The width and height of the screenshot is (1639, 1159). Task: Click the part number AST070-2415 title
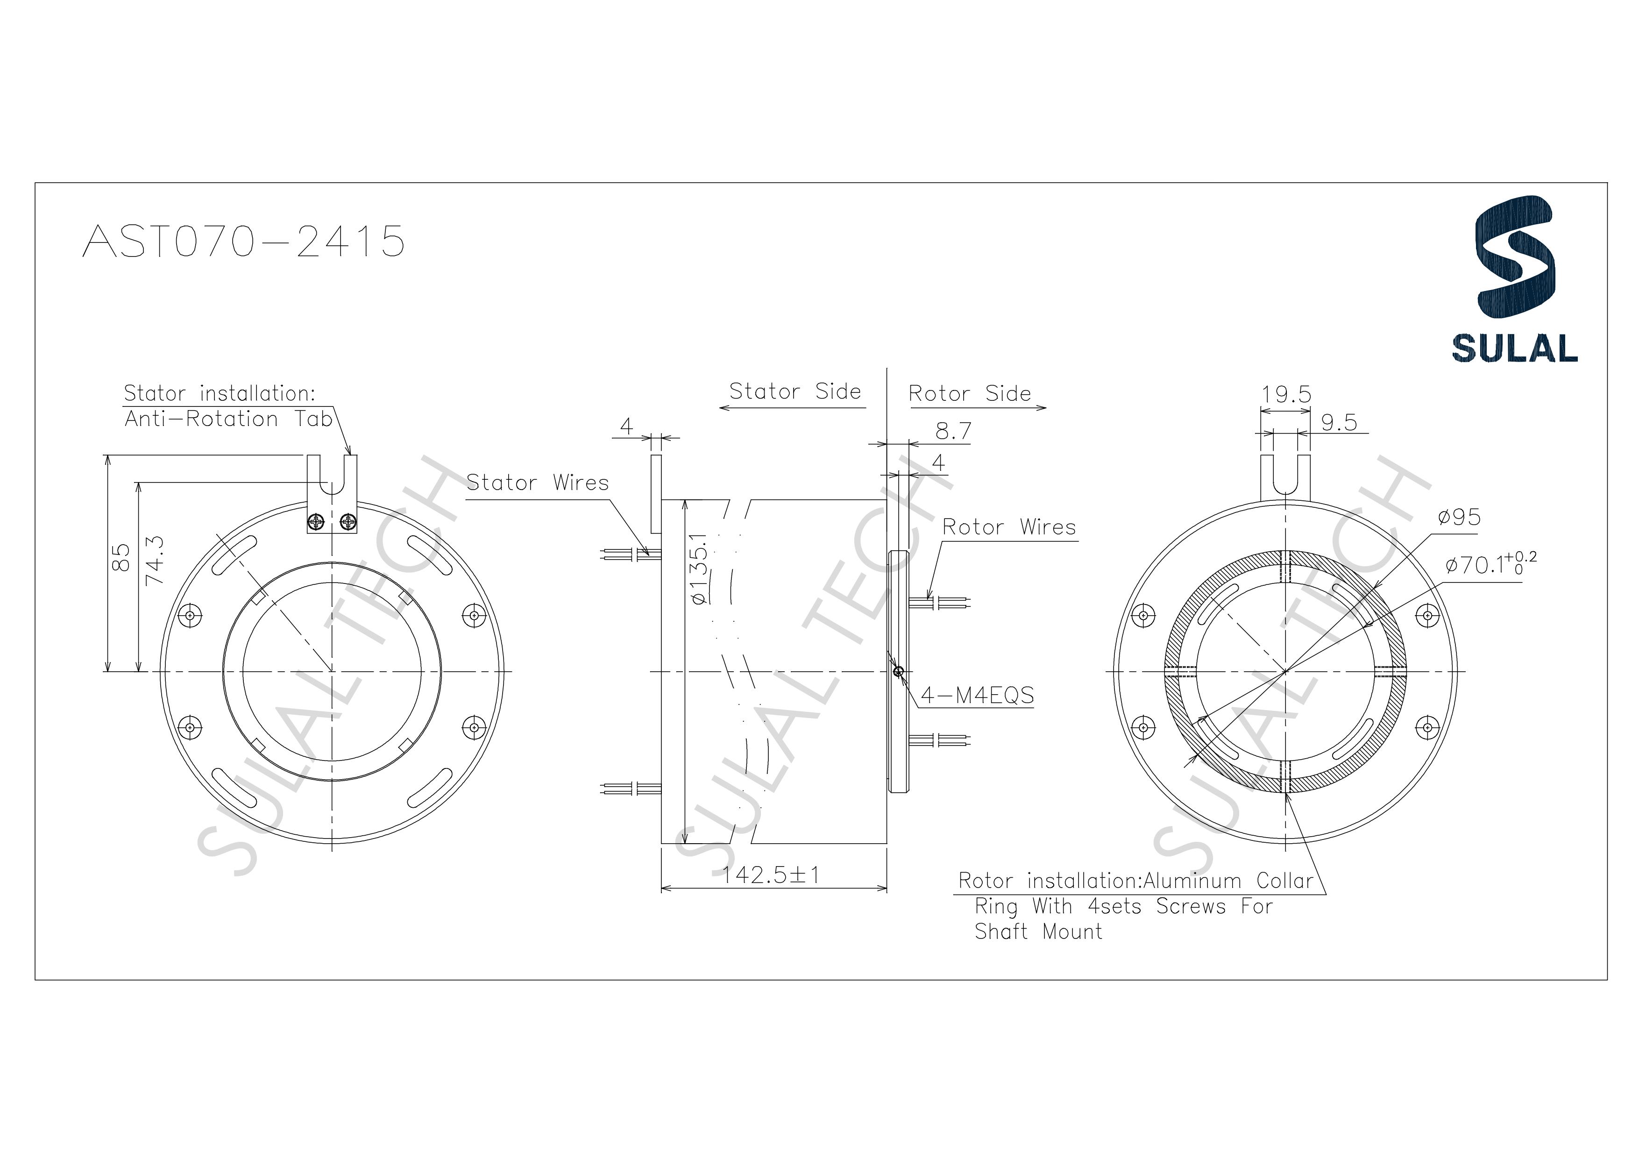pyautogui.click(x=243, y=242)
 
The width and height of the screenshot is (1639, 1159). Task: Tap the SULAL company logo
pyautogui.click(x=1514, y=278)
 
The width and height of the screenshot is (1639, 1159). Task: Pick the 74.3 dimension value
pyautogui.click(x=154, y=562)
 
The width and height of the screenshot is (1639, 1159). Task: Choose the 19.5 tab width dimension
pyautogui.click(x=1285, y=395)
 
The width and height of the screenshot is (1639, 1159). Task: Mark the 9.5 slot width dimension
pyautogui.click(x=1339, y=423)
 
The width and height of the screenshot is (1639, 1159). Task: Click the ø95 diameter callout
pyautogui.click(x=1459, y=517)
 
